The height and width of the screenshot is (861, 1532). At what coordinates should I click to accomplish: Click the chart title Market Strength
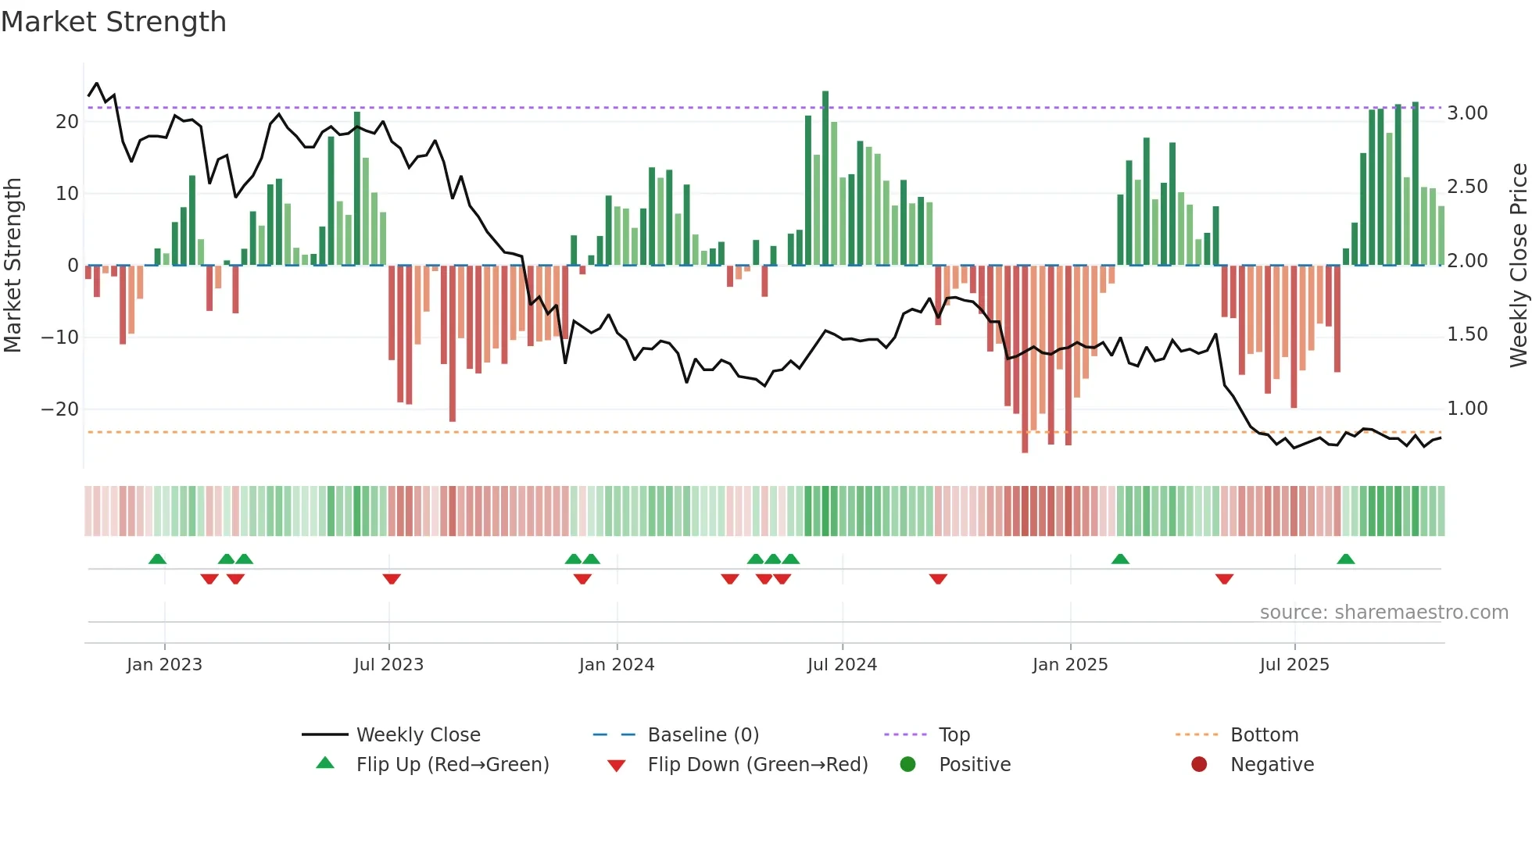[113, 22]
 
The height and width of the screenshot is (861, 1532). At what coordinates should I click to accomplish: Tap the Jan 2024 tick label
[616, 665]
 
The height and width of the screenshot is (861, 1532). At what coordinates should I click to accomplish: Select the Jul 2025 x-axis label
[1294, 665]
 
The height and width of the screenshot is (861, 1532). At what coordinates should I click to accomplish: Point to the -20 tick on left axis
[59, 409]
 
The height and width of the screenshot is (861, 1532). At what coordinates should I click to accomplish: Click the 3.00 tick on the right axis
[1467, 113]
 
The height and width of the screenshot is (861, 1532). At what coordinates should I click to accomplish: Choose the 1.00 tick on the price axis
[1467, 409]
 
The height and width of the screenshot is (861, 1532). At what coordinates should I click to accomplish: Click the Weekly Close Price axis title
[1518, 265]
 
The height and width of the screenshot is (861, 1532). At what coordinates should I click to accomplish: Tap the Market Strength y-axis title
[13, 265]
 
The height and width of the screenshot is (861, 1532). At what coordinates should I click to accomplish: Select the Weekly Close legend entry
[417, 735]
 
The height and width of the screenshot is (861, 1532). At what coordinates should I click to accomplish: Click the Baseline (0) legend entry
[703, 735]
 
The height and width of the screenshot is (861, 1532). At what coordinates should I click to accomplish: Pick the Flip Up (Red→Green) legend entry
[452, 765]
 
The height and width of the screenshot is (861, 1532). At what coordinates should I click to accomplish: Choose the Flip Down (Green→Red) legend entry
[757, 765]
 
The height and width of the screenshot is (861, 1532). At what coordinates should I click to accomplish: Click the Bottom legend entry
[1264, 735]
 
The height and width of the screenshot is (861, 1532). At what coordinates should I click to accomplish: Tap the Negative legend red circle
[1199, 765]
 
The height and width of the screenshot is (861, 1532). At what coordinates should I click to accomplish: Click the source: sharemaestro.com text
[1383, 613]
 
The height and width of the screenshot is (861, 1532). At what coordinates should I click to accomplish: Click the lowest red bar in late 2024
[1025, 359]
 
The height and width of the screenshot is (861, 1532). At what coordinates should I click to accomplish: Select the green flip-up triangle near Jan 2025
[1120, 559]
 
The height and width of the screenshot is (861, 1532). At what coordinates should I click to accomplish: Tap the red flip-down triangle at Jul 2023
[392, 579]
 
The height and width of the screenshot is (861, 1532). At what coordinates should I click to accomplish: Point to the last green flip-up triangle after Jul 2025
[1345, 559]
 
